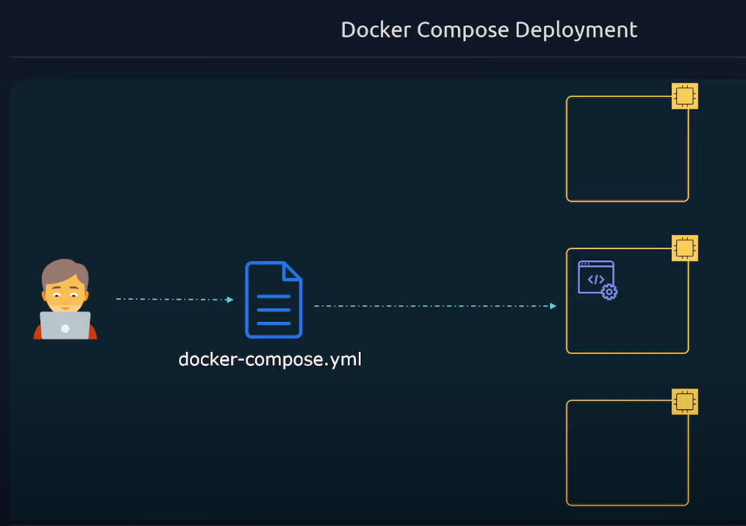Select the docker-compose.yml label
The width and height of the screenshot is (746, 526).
(x=270, y=359)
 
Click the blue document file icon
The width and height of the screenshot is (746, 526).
(x=273, y=301)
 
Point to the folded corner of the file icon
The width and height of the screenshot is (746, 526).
(x=293, y=271)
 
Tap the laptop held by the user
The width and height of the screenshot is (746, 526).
(x=65, y=326)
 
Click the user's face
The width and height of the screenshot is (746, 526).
(x=65, y=292)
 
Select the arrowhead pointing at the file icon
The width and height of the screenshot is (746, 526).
(x=230, y=299)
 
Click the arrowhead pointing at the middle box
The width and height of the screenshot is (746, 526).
(x=553, y=306)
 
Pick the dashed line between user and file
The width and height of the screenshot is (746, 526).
(x=171, y=299)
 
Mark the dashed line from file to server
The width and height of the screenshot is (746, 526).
(x=430, y=306)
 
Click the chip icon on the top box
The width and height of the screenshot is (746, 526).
(x=685, y=96)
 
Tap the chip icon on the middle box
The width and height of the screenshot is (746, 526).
(x=685, y=248)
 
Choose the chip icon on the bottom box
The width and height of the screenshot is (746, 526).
(x=685, y=401)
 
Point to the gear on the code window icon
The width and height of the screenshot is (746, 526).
(x=609, y=292)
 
